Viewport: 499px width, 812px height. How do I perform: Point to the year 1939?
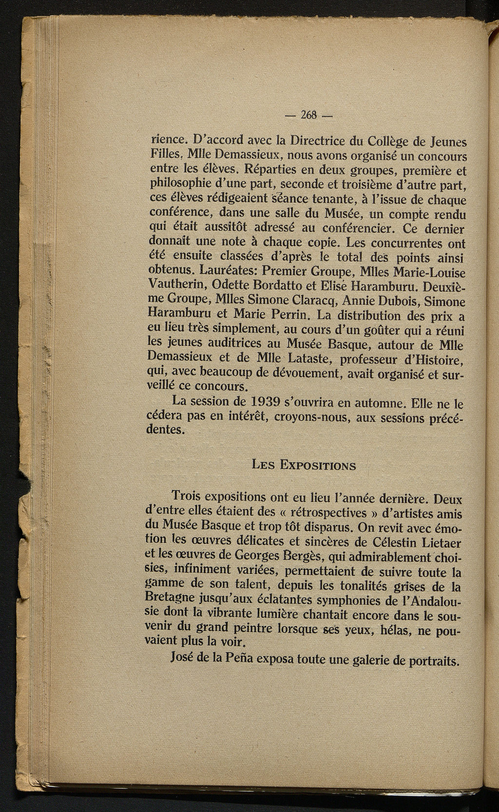(x=269, y=403)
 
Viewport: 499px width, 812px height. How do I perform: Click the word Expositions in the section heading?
(x=318, y=465)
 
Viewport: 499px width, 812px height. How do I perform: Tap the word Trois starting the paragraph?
(x=187, y=497)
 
